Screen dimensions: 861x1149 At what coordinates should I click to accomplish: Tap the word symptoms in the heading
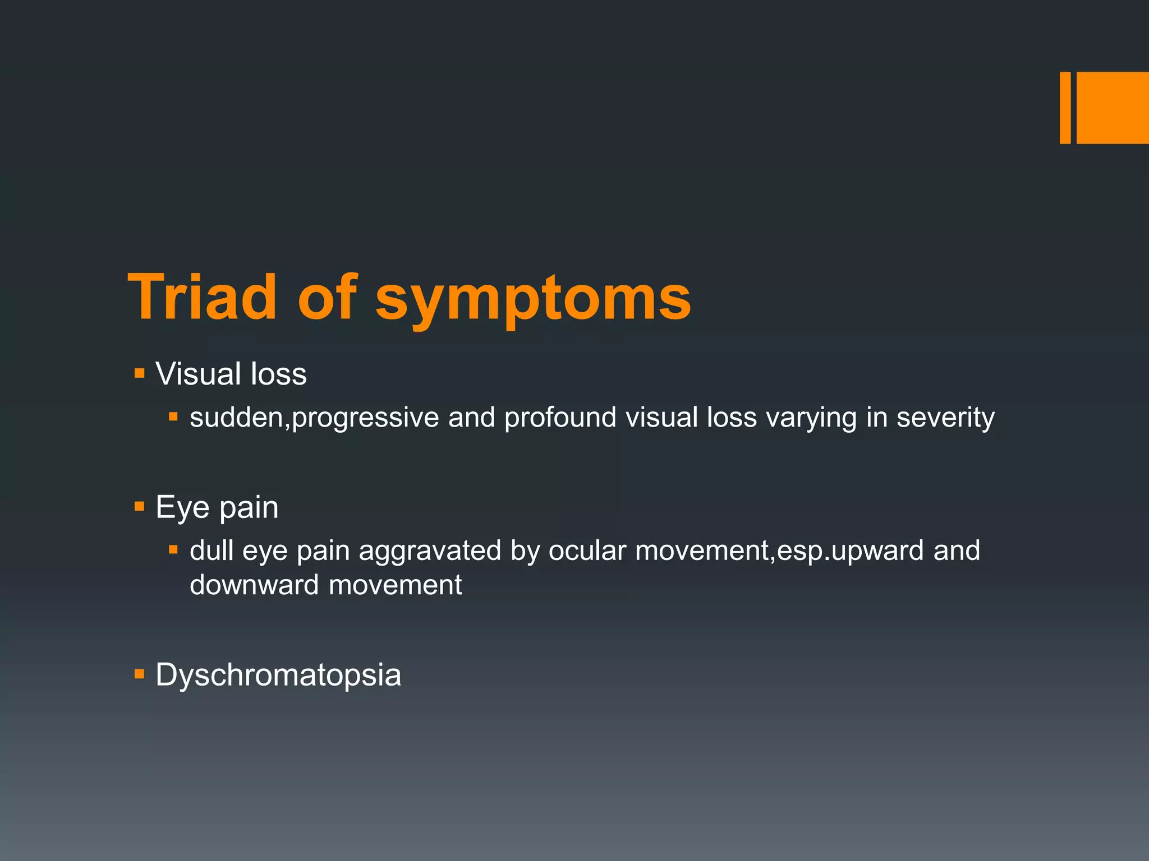click(x=533, y=300)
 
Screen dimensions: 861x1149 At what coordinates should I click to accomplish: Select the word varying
click(x=811, y=418)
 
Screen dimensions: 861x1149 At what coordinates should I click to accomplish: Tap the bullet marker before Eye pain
click(x=140, y=507)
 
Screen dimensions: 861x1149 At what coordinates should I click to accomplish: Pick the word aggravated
click(x=429, y=551)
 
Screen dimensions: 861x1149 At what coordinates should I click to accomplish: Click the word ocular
click(x=587, y=551)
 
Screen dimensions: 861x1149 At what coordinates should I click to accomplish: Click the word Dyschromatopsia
click(x=278, y=674)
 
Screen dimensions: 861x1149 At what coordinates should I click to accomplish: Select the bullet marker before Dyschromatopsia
click(x=140, y=674)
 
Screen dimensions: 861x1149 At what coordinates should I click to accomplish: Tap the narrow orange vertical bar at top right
click(x=1065, y=108)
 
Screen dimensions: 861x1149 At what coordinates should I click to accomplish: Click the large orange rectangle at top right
click(x=1113, y=108)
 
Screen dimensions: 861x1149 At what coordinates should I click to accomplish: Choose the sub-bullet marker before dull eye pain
click(x=173, y=550)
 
